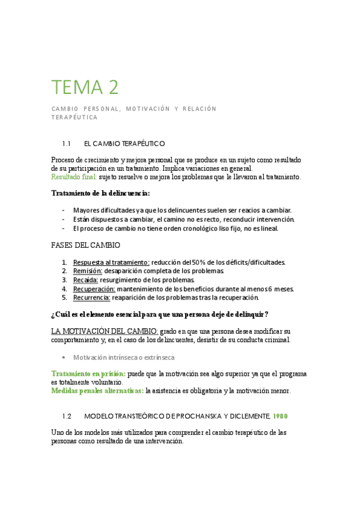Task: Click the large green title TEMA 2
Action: [85, 87]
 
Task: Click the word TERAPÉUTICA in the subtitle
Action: [75, 118]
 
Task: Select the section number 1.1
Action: [67, 144]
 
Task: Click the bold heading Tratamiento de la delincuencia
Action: [100, 193]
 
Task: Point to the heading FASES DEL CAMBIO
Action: [86, 245]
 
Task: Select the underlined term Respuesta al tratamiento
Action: [111, 262]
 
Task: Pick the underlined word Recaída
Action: [85, 280]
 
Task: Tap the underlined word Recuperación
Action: [94, 289]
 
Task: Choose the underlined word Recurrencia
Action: [92, 297]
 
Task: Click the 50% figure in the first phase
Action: [199, 262]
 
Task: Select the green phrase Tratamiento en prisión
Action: [88, 373]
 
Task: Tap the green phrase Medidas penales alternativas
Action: [97, 391]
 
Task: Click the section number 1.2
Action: [67, 416]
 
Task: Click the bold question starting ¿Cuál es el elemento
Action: [160, 315]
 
